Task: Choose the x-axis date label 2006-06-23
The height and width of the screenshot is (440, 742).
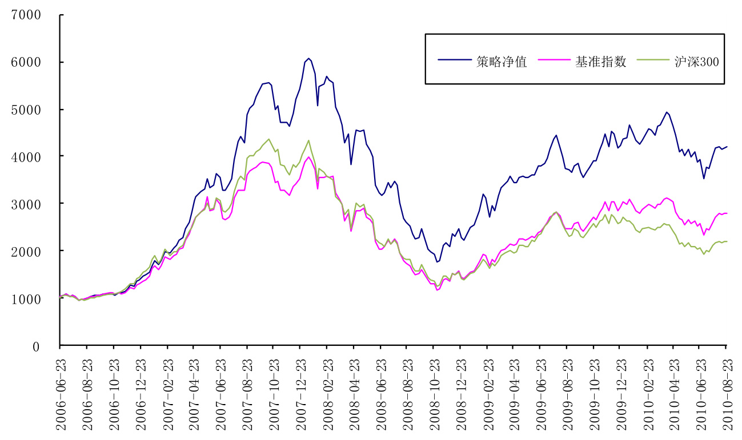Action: click(60, 391)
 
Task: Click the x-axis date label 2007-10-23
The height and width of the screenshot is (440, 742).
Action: click(273, 391)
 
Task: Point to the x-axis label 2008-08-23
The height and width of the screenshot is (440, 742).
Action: click(406, 391)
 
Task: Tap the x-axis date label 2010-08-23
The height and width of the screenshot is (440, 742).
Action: click(726, 391)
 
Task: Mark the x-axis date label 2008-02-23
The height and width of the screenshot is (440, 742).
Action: click(326, 391)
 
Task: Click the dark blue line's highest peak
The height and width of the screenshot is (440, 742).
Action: click(308, 58)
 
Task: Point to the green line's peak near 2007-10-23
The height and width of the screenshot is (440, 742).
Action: click(269, 139)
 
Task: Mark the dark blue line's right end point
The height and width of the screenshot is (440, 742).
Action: click(727, 147)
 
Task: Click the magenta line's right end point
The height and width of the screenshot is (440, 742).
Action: click(727, 213)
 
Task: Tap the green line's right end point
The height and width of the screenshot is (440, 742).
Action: click(727, 241)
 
